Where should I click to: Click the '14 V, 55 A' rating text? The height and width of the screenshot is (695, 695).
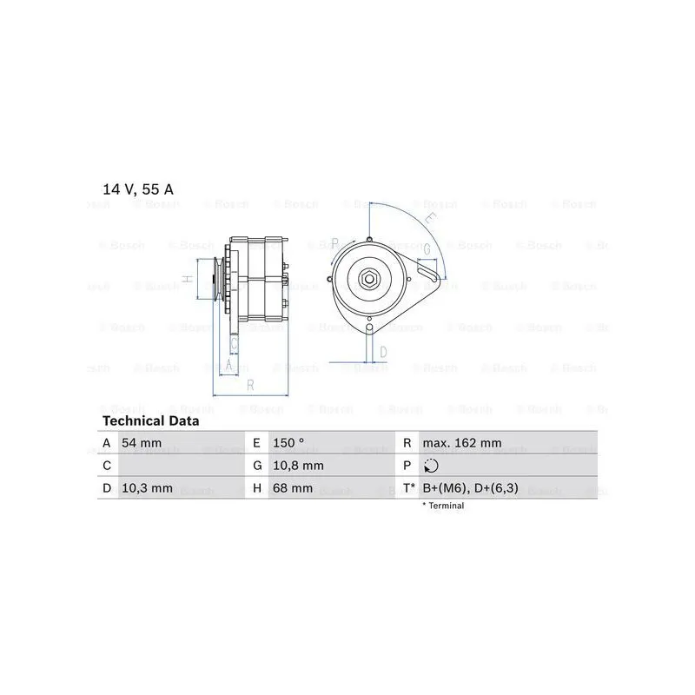point(138,189)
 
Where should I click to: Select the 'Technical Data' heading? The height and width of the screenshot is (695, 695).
point(150,421)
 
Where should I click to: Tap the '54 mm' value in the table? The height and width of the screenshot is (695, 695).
point(142,443)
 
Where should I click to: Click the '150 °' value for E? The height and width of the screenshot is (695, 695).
point(288,443)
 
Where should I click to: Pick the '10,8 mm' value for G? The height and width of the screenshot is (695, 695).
point(298,466)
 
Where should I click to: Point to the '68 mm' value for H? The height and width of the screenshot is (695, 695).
point(293,488)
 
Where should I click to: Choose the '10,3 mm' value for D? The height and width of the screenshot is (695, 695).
point(147,488)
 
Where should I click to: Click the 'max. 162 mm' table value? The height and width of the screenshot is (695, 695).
point(462,443)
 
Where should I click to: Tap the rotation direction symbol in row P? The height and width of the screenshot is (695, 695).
point(431,466)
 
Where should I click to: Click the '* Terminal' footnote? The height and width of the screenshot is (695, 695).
point(443,506)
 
